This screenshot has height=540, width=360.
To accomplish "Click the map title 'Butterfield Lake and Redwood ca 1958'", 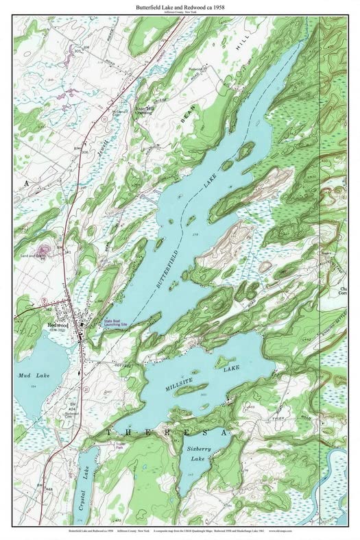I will coord(180,6).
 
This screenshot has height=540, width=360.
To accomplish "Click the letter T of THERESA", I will coord(109,433).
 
